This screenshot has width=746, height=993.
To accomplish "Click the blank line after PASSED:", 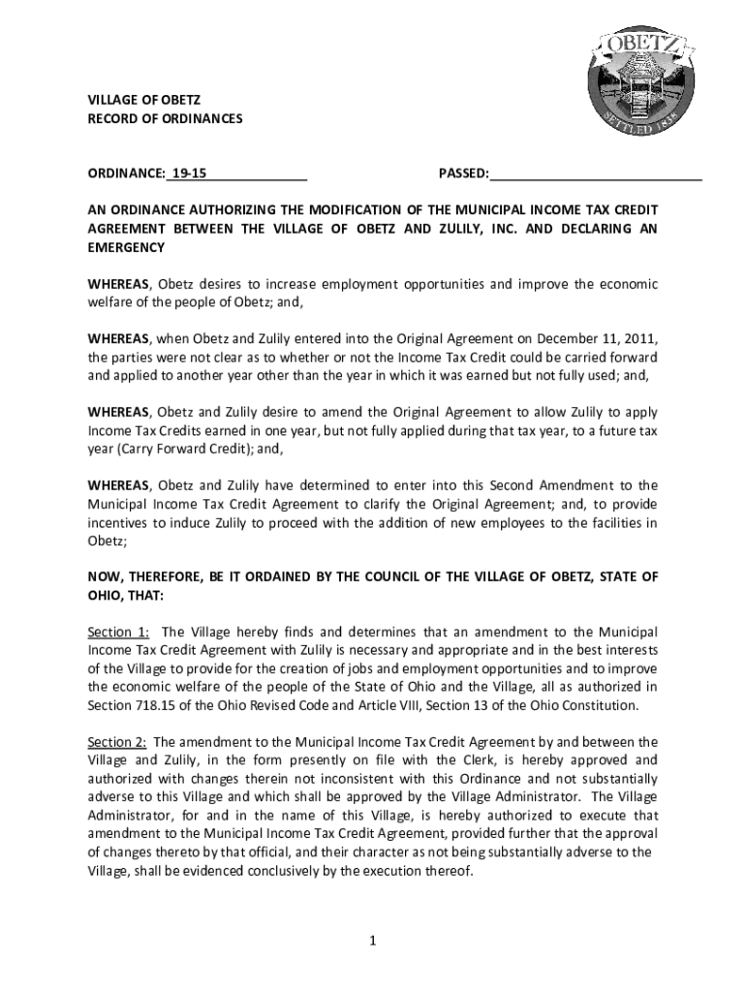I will (x=596, y=175).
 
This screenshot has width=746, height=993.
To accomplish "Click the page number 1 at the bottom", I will (x=372, y=940).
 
